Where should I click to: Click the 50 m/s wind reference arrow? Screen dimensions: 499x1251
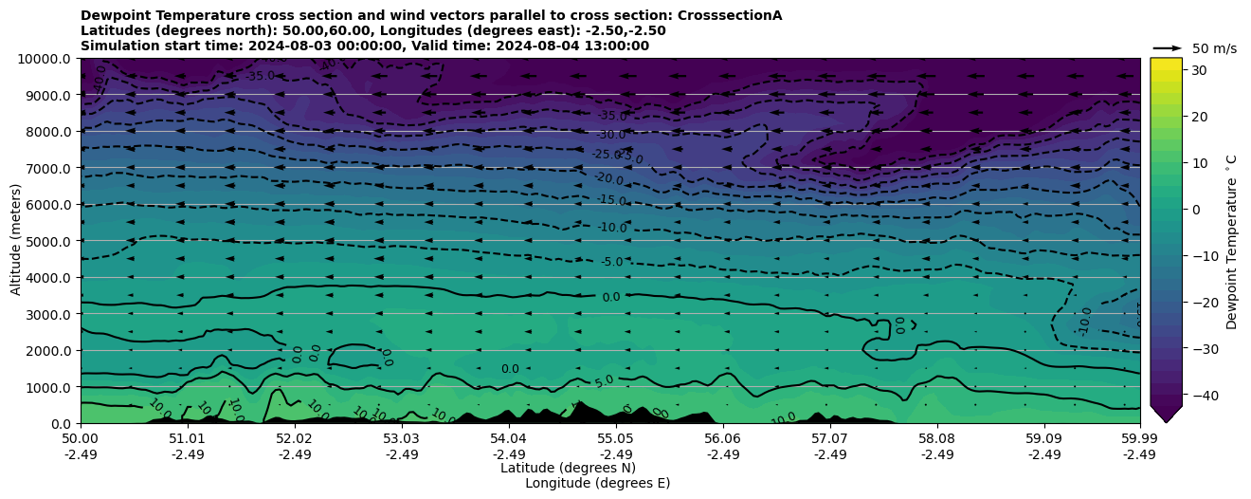point(1168,47)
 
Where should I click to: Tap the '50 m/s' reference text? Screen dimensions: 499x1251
point(1214,48)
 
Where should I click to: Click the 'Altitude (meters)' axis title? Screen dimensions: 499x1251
point(16,241)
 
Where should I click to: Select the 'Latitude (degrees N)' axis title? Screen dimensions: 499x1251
point(568,468)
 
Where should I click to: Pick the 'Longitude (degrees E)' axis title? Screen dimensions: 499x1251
point(597,483)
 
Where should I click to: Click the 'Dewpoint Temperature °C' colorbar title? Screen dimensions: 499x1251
point(1232,241)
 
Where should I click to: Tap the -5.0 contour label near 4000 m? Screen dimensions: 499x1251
point(611,262)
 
